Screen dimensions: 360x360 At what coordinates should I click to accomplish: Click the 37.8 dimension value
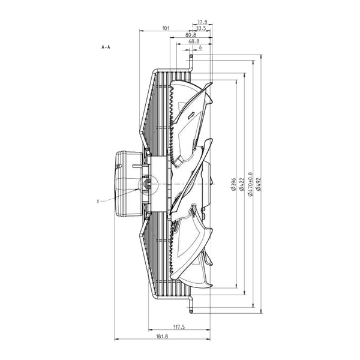[x=202, y=22]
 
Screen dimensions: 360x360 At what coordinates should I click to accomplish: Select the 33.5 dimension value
[x=201, y=28]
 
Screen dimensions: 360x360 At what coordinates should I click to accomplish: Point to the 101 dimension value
[x=166, y=28]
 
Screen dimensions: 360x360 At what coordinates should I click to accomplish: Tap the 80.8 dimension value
[x=191, y=35]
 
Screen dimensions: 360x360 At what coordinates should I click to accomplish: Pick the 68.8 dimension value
[x=194, y=41]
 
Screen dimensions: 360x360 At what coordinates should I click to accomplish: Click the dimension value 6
[x=200, y=47]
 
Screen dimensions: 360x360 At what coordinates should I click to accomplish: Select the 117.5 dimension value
[x=179, y=327]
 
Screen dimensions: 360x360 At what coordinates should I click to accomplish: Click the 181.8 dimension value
[x=162, y=337]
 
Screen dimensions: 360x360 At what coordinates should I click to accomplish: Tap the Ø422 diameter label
[x=241, y=184]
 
